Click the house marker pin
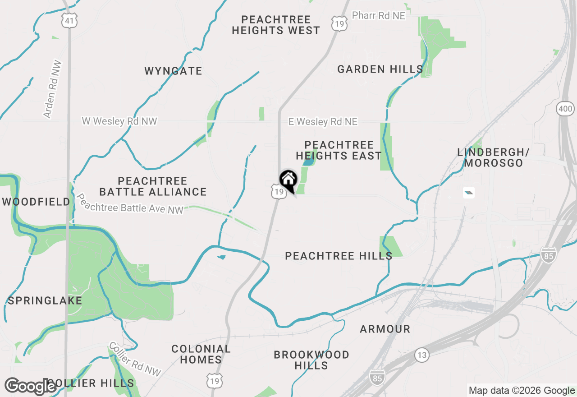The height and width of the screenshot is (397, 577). [x=288, y=181]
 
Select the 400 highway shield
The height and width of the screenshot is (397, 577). [x=565, y=109]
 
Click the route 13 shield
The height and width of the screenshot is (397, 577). [x=421, y=355]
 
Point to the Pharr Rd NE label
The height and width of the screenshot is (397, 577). [x=379, y=16]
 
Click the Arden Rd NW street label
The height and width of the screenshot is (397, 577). [x=53, y=89]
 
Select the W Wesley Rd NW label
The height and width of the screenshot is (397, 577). [x=119, y=121]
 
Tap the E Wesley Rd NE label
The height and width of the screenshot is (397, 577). [x=323, y=122]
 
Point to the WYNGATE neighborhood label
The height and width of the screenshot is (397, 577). [x=173, y=71]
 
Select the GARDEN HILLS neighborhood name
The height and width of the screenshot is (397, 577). [x=380, y=69]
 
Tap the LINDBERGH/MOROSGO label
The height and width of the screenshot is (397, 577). [x=493, y=157]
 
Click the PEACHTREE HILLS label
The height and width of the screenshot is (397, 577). [x=339, y=256]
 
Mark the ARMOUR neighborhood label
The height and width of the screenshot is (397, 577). [x=385, y=329]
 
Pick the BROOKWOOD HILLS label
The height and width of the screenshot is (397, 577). [x=311, y=360]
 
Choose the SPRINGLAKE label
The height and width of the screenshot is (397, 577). [x=45, y=301]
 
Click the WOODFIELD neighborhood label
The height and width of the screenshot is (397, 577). [x=36, y=202]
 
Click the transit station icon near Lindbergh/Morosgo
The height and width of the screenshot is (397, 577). [x=469, y=193]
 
